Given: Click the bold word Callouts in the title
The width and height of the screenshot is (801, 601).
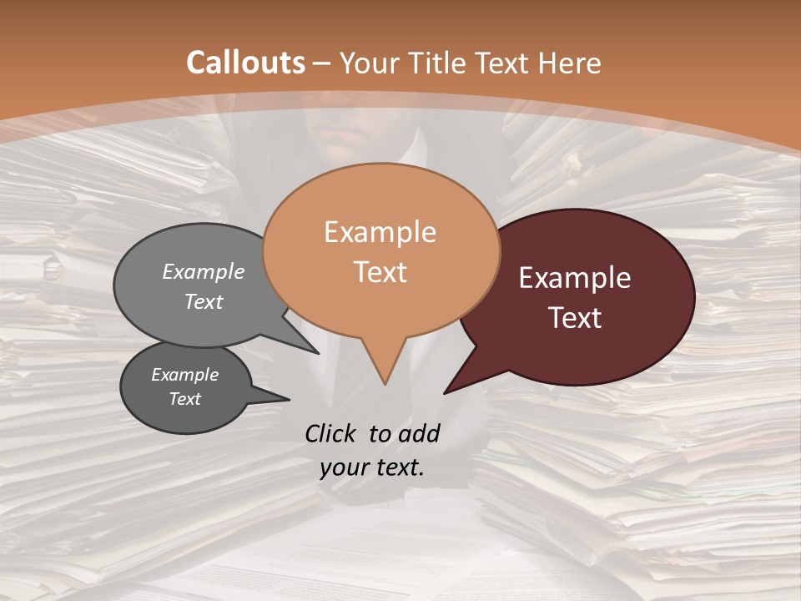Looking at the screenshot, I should pyautogui.click(x=245, y=63).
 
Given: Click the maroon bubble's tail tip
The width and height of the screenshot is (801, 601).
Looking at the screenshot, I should pyautogui.click(x=446, y=392).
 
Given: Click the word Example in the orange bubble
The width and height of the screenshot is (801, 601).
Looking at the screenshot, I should pyautogui.click(x=380, y=232).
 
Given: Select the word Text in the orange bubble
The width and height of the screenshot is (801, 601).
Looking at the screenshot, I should pyautogui.click(x=380, y=272).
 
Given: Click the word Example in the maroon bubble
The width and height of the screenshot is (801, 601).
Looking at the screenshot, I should pyautogui.click(x=575, y=278).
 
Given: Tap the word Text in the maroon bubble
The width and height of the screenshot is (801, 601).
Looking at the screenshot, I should pyautogui.click(x=575, y=318).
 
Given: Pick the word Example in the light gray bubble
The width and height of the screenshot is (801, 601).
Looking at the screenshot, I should pyautogui.click(x=204, y=272).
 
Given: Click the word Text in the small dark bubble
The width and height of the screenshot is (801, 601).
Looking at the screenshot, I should pyautogui.click(x=185, y=399).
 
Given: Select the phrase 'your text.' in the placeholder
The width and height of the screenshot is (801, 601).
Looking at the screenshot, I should pyautogui.click(x=372, y=468).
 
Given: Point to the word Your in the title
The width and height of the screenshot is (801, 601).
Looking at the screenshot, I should pyautogui.click(x=368, y=63).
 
